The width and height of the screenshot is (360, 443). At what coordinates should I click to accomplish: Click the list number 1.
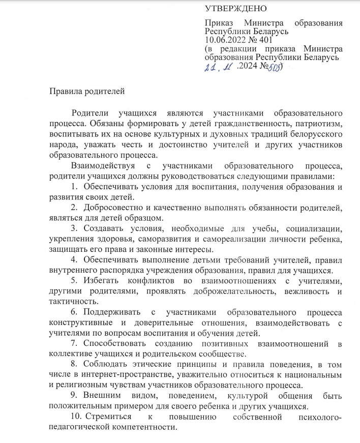[x=74, y=186]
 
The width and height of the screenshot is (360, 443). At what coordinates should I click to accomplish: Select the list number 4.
[x=74, y=259]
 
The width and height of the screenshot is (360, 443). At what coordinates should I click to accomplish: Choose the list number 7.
[x=74, y=344]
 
